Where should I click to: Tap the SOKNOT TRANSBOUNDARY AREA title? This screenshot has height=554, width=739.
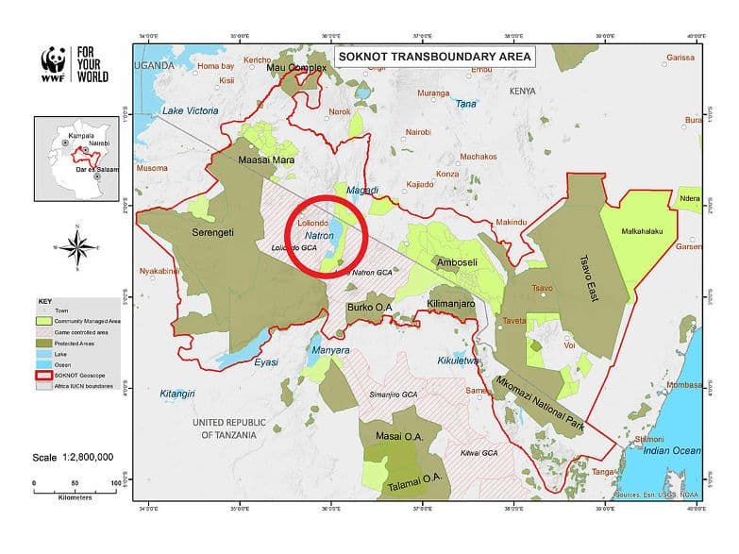434,57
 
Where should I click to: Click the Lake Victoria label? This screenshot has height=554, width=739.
190,111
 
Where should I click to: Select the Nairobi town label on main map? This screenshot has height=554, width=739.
416,131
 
